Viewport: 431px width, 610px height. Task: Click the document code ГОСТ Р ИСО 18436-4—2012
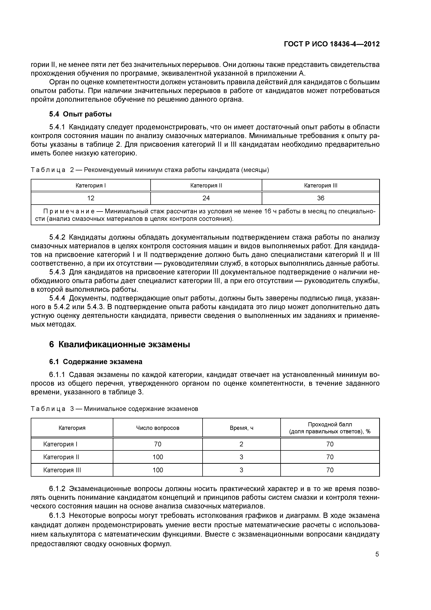pos(331,44)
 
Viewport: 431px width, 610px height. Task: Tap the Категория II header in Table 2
pos(206,185)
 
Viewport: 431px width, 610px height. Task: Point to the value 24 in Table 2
pos(206,198)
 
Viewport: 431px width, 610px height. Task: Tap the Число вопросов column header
pos(158,428)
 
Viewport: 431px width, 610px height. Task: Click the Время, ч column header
pos(241,428)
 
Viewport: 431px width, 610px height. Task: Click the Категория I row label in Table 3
pos(60,444)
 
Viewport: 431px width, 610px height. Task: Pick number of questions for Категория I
pos(158,444)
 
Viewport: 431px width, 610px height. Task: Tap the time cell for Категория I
pos(241,444)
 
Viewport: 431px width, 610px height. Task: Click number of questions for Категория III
pos(158,470)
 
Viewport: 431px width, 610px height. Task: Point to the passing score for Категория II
pos(330,457)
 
